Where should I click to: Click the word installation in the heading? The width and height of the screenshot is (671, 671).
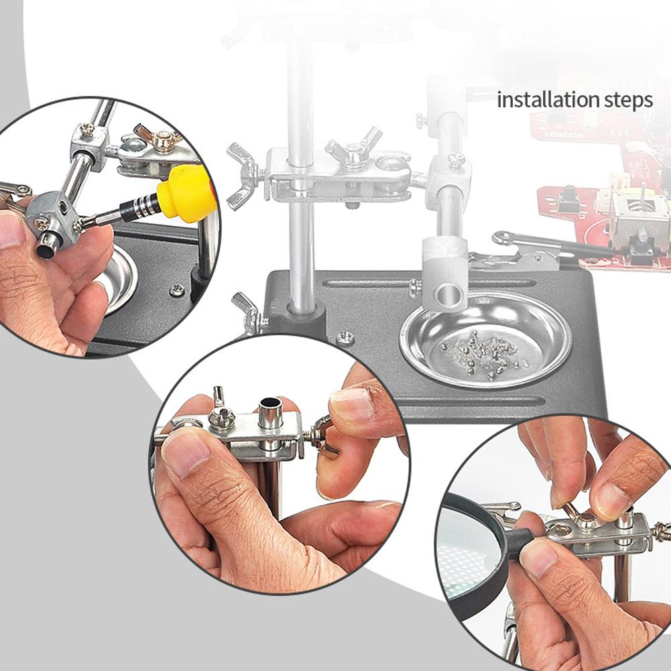(548, 100)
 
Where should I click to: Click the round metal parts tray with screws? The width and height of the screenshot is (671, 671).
(486, 341)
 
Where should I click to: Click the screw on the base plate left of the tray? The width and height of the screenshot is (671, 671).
(345, 337)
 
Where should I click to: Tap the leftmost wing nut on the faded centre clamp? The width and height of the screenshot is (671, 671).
(241, 176)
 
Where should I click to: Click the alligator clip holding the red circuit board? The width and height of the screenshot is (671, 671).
(539, 249)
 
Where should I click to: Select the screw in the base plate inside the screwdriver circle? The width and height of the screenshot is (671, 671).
(177, 290)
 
